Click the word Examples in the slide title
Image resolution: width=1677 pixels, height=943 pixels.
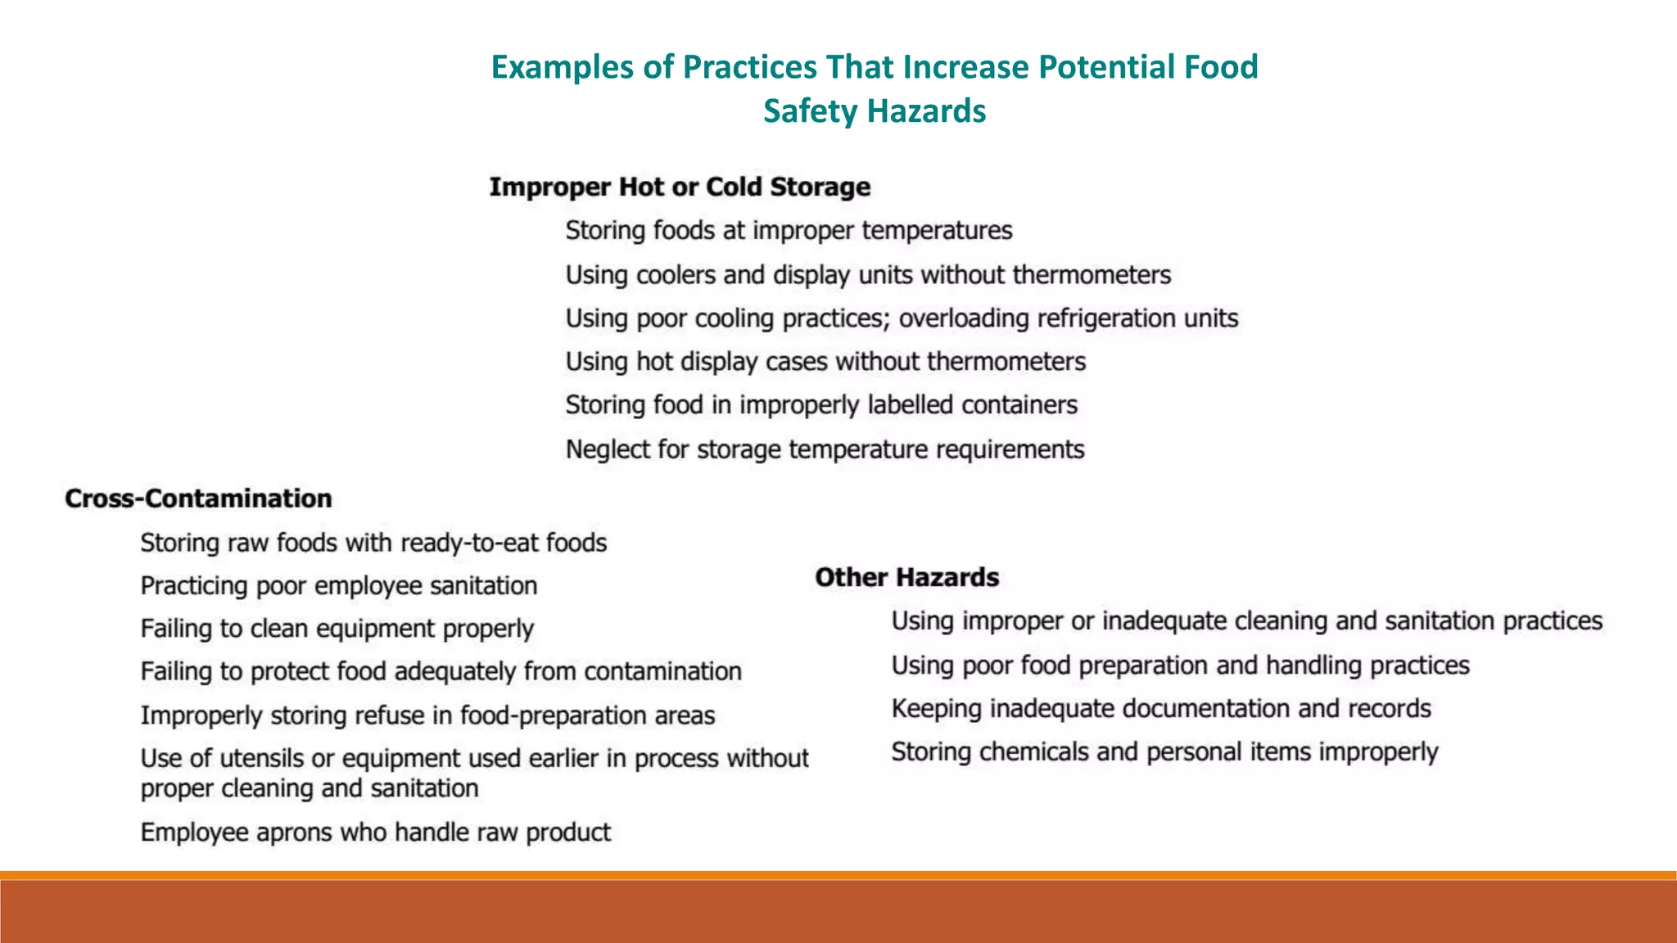[x=561, y=68]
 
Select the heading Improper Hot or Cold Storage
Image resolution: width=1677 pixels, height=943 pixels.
[x=680, y=187]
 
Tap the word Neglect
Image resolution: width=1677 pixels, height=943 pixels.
[x=607, y=449]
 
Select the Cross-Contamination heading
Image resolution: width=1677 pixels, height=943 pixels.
[x=198, y=499]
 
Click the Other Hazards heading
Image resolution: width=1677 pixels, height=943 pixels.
[x=906, y=578]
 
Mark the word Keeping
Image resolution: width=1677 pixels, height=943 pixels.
[x=936, y=709]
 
